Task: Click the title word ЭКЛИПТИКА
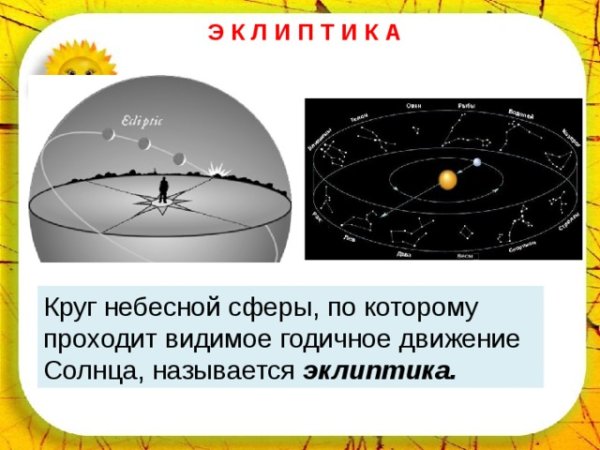coord(305,32)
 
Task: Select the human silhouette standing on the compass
coord(162,189)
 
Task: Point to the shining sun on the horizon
coord(211,171)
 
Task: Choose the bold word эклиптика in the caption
coord(378,370)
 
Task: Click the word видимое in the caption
coord(231,338)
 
